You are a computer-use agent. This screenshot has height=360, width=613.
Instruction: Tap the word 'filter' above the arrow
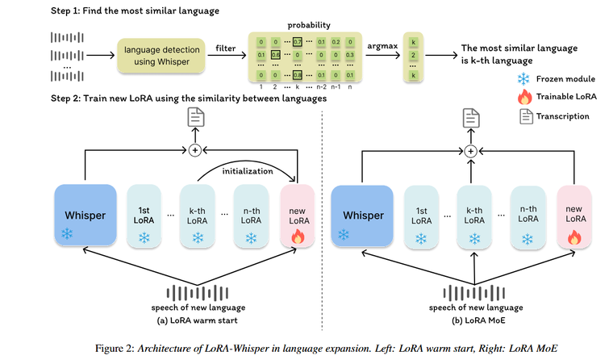(225, 49)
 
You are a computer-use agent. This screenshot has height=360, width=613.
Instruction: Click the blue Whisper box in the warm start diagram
(84, 216)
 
